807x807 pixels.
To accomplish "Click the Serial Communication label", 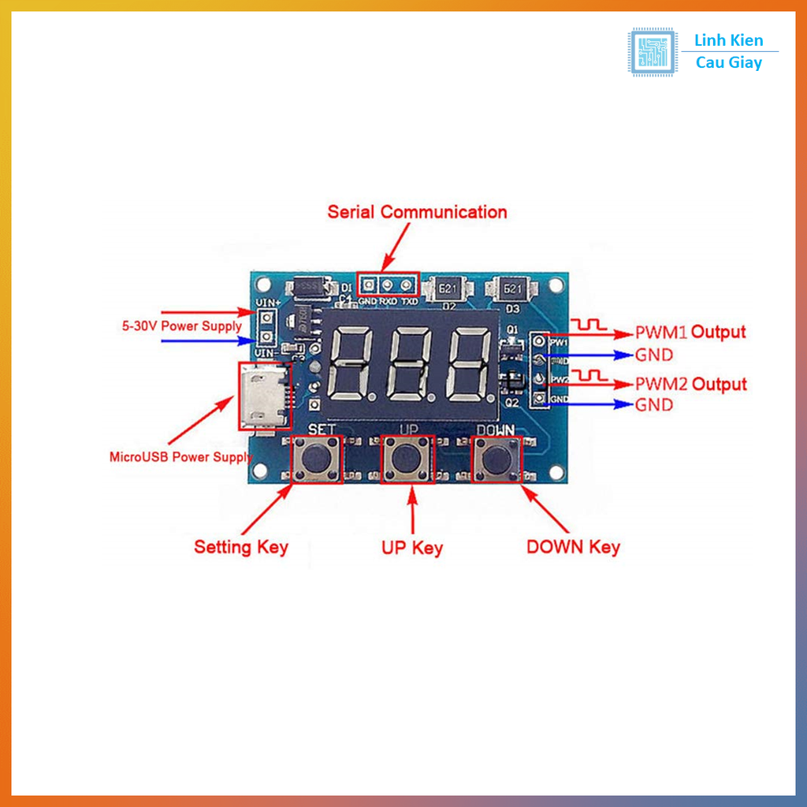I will click(417, 212).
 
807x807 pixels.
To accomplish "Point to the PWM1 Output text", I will click(690, 333).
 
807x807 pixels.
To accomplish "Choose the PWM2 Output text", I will click(690, 385).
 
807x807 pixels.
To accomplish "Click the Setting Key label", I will click(241, 547).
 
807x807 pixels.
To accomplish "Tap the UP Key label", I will click(412, 548).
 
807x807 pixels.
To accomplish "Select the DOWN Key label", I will click(573, 547).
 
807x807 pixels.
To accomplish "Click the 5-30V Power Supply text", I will click(181, 325).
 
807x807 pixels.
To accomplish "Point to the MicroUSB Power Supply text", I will click(181, 456).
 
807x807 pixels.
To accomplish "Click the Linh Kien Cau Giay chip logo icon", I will click(652, 52).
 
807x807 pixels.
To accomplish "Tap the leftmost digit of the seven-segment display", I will click(351, 363).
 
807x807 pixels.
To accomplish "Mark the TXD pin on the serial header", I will click(407, 284).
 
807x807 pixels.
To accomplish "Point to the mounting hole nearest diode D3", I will click(557, 284).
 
